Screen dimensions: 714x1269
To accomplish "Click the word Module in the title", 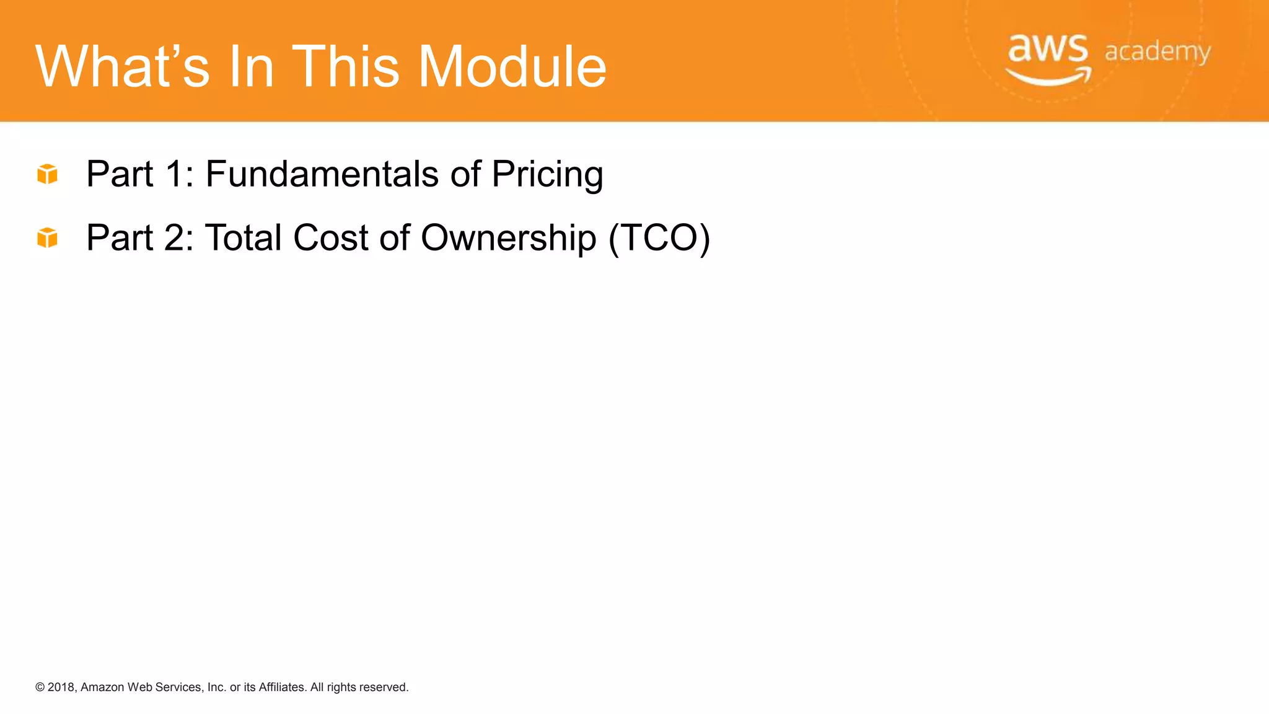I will [512, 66].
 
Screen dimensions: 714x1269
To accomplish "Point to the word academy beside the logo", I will [1157, 52].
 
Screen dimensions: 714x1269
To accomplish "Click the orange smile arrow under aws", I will [1048, 77].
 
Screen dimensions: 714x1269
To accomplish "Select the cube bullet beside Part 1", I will [47, 174].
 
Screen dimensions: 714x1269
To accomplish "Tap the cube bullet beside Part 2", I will [47, 237].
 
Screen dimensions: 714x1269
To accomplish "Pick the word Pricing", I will [547, 175].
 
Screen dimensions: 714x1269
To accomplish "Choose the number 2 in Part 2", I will [175, 237].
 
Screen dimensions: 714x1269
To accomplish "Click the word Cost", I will [331, 237].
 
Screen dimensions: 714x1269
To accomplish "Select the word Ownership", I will [508, 239].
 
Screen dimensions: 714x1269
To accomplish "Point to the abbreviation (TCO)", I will [659, 238].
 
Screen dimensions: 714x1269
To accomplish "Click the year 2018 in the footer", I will [61, 687].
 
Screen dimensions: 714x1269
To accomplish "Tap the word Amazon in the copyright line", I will [102, 687].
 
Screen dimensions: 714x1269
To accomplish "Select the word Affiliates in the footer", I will [282, 687].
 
